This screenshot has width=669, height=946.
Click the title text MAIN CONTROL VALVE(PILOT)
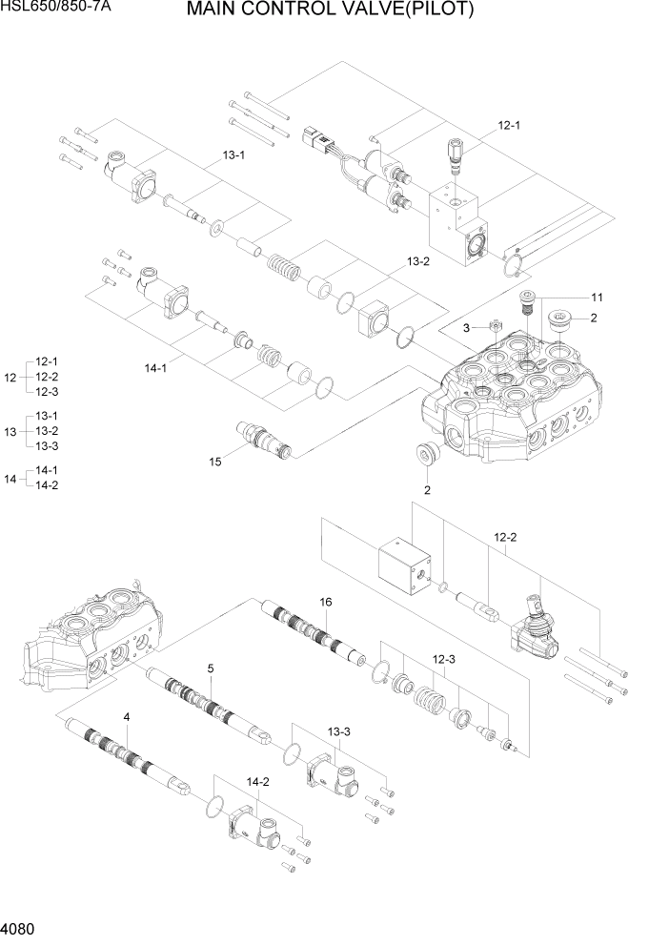pos(330,10)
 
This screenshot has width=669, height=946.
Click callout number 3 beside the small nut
pos(466,327)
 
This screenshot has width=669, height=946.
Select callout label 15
pos(216,462)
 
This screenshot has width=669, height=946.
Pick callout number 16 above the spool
pos(326,602)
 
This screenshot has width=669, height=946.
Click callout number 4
pos(127,715)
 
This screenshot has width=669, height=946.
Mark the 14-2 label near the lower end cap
pos(257,780)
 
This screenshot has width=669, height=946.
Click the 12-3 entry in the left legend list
pos(47,391)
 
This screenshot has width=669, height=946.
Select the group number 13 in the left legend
pos(10,432)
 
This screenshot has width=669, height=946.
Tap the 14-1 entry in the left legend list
pos(47,471)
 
